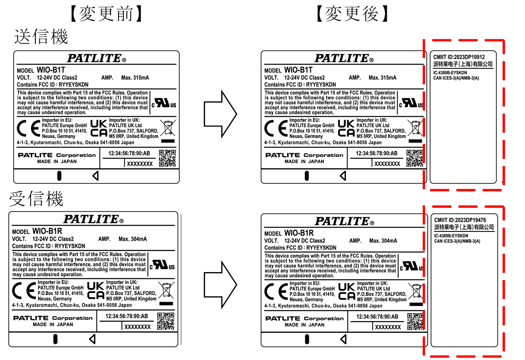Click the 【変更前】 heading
(x=107, y=14)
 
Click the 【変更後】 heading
(x=353, y=14)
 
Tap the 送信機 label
(x=41, y=37)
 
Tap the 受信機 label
(x=36, y=198)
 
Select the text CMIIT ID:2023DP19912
(x=459, y=57)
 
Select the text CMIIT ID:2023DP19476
(x=460, y=220)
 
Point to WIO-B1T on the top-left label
(x=50, y=70)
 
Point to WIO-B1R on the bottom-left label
(x=47, y=231)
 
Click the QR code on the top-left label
(x=167, y=159)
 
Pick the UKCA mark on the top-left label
(x=99, y=128)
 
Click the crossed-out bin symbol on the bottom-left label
(x=166, y=291)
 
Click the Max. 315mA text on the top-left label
(x=135, y=78)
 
